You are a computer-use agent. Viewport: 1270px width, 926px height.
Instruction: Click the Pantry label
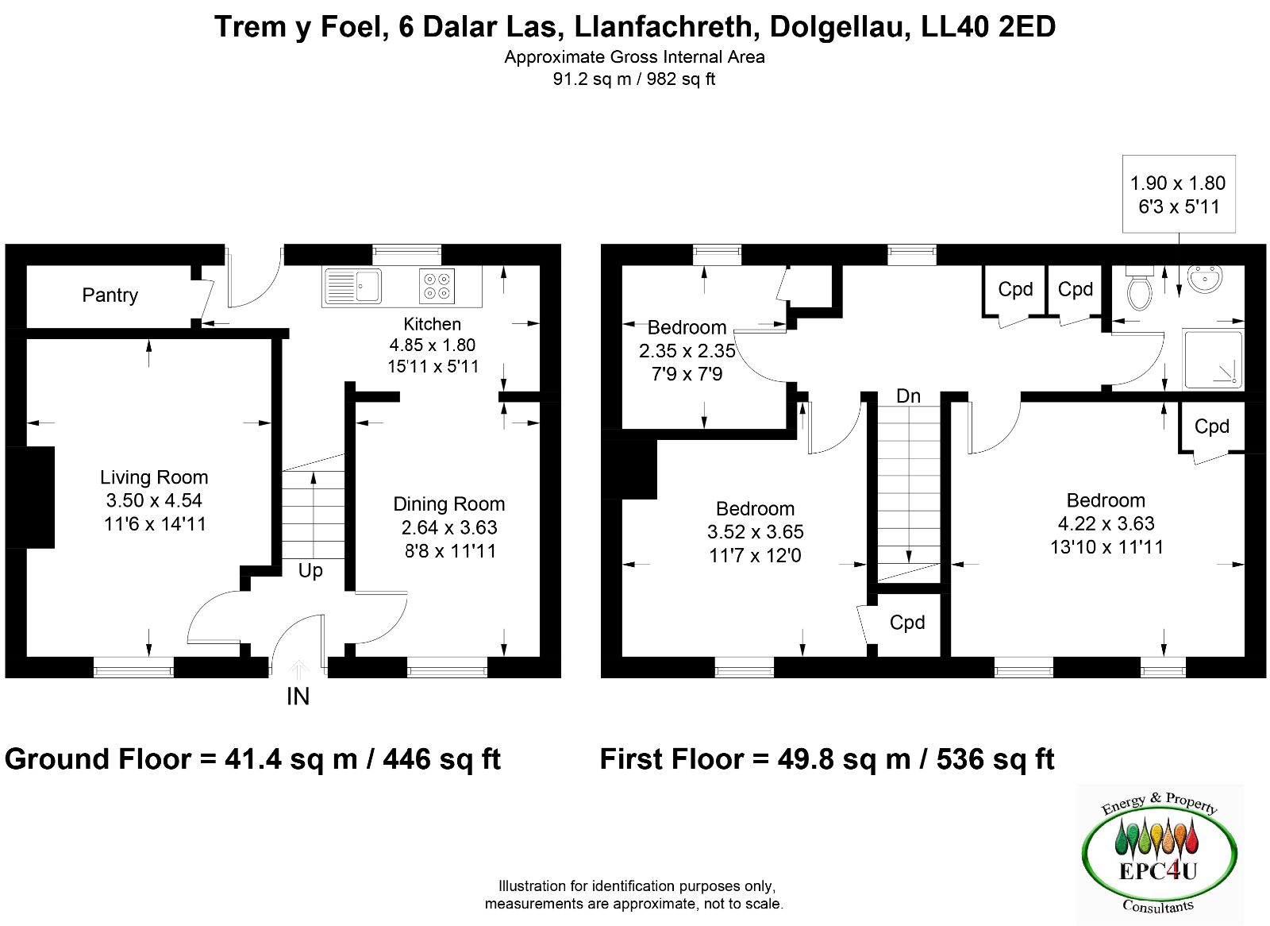(x=110, y=295)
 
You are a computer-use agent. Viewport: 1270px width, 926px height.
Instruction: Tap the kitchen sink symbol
(x=353, y=286)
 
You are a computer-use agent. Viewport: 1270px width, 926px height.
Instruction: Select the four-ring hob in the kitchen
(x=437, y=286)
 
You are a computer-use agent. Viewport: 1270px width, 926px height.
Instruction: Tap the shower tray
(x=1213, y=360)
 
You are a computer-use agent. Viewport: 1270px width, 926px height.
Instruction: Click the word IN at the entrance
(x=298, y=696)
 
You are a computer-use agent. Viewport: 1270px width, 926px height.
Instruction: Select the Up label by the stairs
(x=310, y=571)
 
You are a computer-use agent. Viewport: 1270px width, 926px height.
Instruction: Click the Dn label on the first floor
(x=908, y=396)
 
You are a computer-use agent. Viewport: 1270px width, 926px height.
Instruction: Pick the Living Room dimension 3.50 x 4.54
(x=154, y=500)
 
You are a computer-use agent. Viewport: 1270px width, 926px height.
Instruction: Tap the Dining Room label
(x=449, y=504)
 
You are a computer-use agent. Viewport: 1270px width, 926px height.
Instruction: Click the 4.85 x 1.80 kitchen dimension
(x=432, y=345)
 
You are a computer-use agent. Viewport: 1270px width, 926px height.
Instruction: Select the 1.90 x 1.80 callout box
(x=1179, y=194)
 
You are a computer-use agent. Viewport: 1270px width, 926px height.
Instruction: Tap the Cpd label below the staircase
(x=907, y=623)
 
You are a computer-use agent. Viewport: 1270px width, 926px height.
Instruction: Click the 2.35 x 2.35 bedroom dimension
(x=687, y=351)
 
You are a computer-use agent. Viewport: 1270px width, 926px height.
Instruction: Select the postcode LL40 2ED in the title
(x=988, y=27)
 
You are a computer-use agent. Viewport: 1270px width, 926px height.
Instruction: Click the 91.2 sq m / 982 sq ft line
(x=634, y=79)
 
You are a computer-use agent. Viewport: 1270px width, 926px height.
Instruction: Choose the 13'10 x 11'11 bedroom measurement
(x=1106, y=547)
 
